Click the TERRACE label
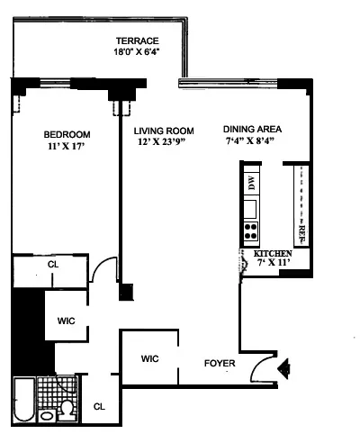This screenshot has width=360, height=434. [x=137, y=41]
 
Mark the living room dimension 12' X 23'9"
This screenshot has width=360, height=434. [x=159, y=142]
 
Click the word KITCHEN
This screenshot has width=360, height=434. [x=273, y=255]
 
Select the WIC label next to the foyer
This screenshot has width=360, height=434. [x=149, y=358]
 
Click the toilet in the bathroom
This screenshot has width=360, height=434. [x=65, y=411]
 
